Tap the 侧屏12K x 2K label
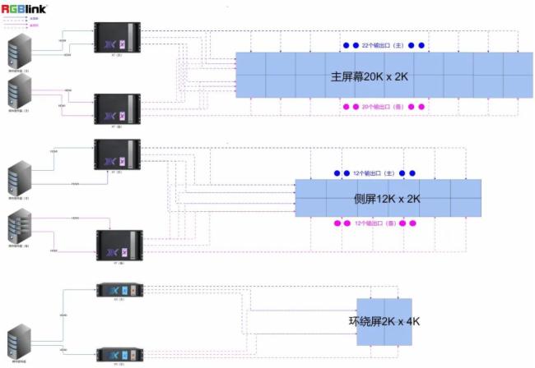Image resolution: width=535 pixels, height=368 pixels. coord(387,199)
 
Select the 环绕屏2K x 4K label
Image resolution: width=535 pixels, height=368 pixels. coord(384,322)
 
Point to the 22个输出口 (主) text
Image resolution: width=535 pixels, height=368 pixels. coord(383,45)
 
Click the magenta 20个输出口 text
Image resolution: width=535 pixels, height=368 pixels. coord(382,107)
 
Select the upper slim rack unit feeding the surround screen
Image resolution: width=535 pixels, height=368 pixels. coord(120,289)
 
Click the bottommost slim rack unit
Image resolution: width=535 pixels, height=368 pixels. coord(120,354)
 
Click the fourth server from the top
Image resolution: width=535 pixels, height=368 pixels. coord(21,226)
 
